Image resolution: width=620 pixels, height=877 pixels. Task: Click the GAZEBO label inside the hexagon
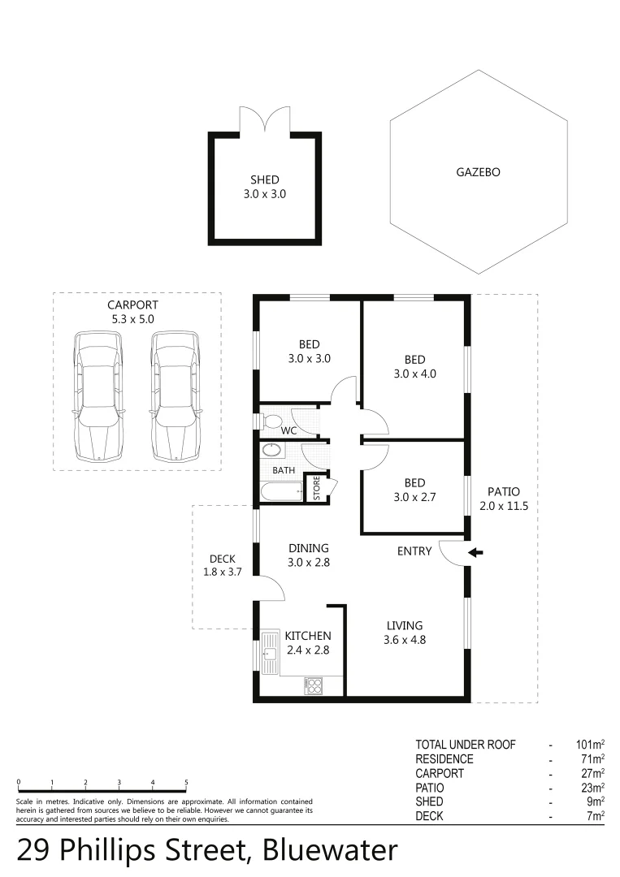[478, 172]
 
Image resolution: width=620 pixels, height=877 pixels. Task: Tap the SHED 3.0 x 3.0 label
[264, 188]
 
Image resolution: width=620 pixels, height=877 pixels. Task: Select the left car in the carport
[99, 395]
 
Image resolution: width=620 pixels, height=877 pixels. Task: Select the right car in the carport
[176, 395]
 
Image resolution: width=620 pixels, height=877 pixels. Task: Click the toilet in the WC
[272, 421]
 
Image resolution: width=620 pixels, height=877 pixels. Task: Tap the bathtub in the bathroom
[280, 491]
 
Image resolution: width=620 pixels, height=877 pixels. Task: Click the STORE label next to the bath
[317, 489]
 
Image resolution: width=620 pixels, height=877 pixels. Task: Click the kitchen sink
[271, 653]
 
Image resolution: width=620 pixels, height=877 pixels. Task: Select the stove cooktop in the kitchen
[314, 685]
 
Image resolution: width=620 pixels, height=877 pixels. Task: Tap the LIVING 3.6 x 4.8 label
[404, 633]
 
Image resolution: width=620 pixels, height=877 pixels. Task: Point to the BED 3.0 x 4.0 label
[414, 367]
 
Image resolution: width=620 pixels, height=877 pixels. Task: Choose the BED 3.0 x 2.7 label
[414, 490]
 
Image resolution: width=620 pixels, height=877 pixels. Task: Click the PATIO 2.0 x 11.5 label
[503, 499]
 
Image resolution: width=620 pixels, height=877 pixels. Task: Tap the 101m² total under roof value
[591, 745]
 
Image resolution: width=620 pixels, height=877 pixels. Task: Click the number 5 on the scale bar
[186, 783]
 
